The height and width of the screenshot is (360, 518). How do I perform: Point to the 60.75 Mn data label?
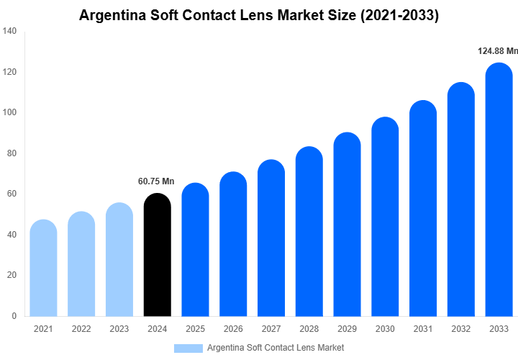click(156, 181)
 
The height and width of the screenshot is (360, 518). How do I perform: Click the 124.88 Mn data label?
click(497, 51)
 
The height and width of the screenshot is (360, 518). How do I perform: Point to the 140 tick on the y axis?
click(10, 32)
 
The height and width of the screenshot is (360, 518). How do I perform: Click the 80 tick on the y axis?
click(12, 153)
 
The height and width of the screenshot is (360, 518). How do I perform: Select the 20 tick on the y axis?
click(12, 275)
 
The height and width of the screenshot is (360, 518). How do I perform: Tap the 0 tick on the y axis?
click(14, 315)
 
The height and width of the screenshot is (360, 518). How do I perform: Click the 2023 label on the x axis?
click(119, 329)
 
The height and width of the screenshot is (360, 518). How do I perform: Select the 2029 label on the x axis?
click(347, 329)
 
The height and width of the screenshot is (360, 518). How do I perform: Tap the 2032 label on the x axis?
click(460, 329)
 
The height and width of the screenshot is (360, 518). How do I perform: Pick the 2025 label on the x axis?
click(195, 329)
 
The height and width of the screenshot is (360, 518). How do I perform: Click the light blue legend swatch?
click(188, 348)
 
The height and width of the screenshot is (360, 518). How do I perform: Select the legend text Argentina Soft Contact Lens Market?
click(276, 348)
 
